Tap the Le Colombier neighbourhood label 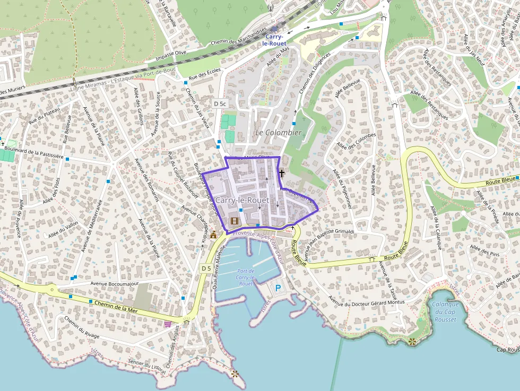coord(278,132)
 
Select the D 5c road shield coord(219,102)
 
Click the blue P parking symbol coord(279,288)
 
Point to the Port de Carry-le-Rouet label coord(245,277)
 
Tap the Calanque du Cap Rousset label coord(445,311)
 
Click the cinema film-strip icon coord(235,220)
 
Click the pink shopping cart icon coord(168,324)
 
